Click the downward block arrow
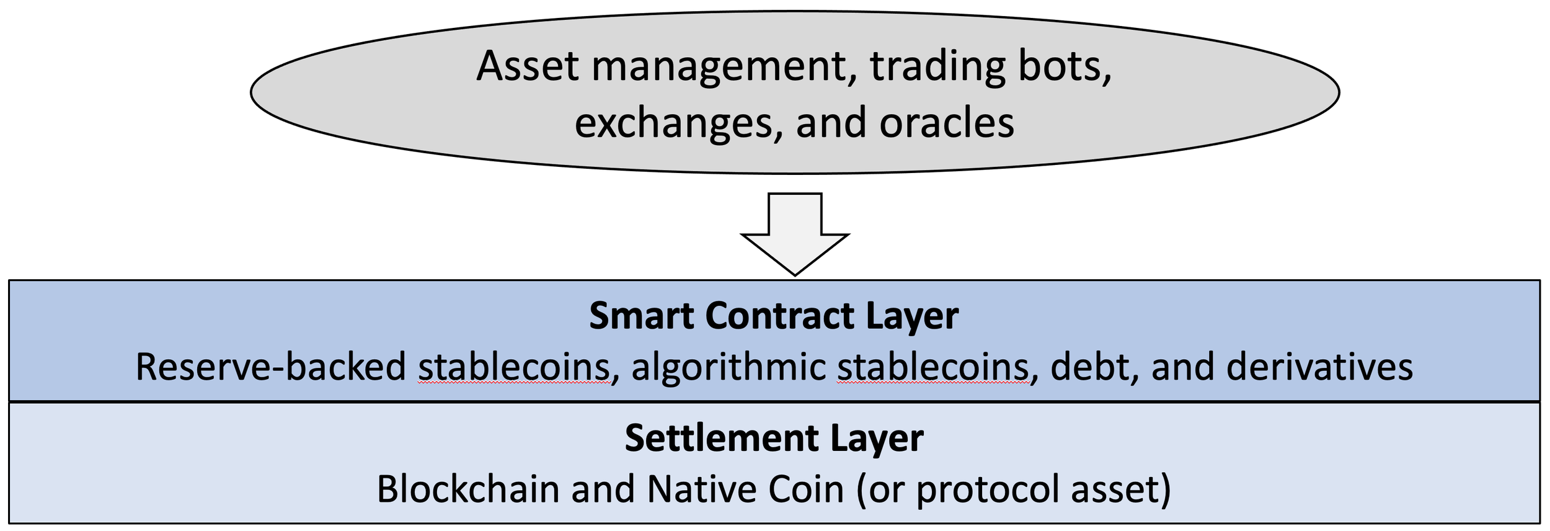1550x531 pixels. (795, 232)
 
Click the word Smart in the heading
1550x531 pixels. (642, 316)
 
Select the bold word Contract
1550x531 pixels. (780, 316)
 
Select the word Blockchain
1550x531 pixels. (468, 489)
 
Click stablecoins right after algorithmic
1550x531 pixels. (933, 367)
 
